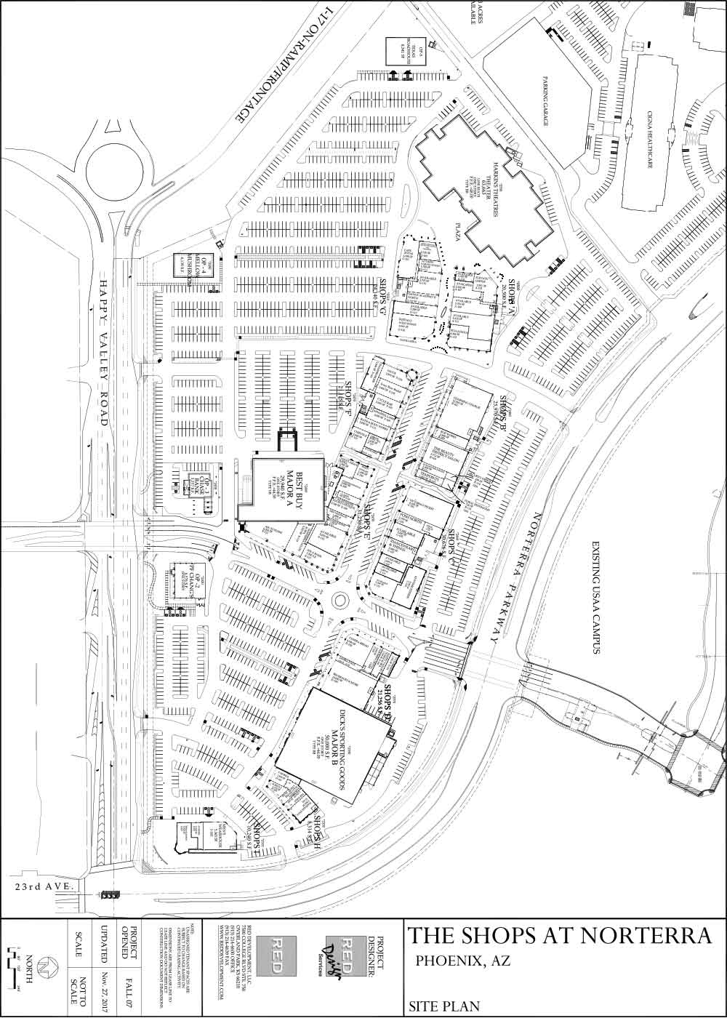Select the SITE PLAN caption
(x=444, y=1006)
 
